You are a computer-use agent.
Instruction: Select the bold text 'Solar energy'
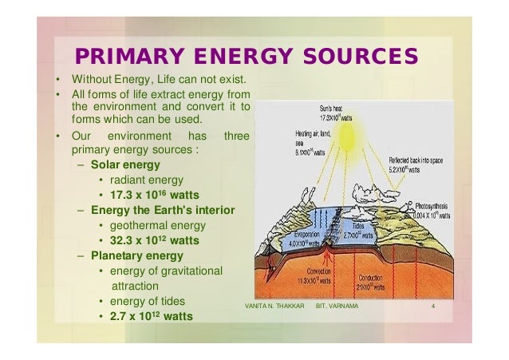(125, 164)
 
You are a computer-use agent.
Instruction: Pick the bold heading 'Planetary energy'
(136, 255)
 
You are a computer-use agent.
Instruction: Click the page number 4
(431, 305)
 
